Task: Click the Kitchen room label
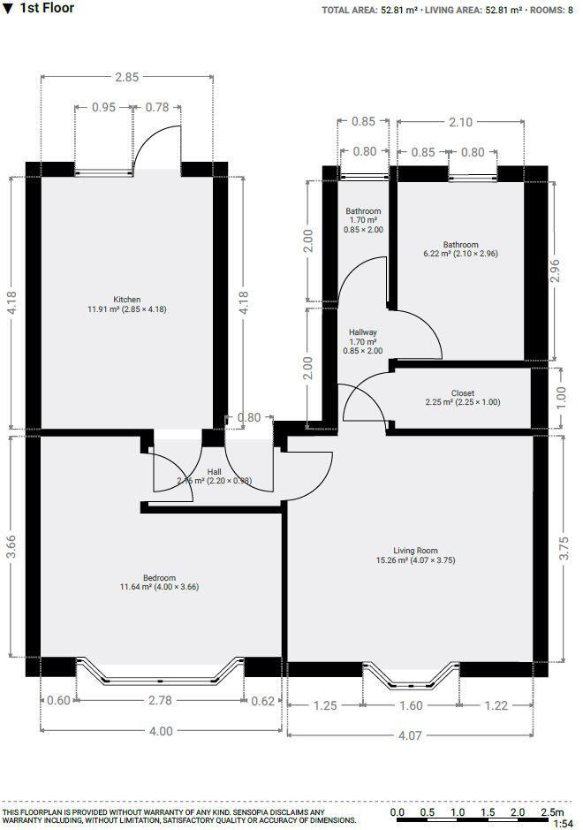pos(126,300)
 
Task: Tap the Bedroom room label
pos(159,578)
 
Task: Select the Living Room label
pos(415,551)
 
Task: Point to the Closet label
pos(462,393)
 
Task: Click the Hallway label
pos(362,332)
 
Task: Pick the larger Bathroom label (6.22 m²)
pos(460,245)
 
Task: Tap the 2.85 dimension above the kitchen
pos(126,78)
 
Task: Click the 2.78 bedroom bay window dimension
pos(160,701)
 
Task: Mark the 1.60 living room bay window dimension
pos(412,705)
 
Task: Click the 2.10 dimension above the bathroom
pos(460,123)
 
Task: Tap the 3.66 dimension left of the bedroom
pos(11,546)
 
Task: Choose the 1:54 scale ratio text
pos(562,824)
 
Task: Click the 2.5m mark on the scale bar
pos(552,811)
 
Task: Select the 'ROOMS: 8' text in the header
pos(551,10)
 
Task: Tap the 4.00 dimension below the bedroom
pos(160,731)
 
